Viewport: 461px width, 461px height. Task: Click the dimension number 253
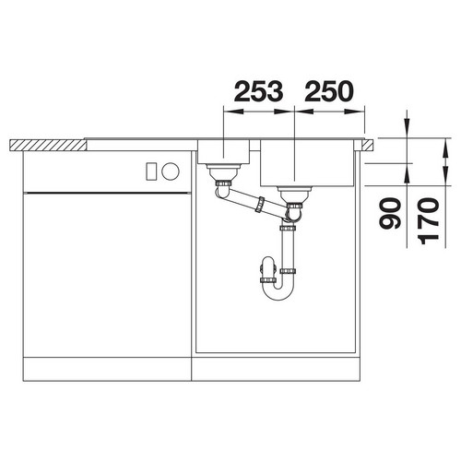[258, 91]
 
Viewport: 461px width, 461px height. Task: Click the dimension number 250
[329, 91]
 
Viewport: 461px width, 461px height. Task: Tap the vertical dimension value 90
[390, 214]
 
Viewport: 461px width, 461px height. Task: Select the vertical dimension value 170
[429, 220]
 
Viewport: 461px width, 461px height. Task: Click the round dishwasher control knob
[171, 171]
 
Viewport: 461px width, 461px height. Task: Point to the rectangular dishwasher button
[151, 171]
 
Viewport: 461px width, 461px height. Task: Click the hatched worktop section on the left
[48, 145]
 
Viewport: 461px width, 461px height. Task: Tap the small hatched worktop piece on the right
[368, 145]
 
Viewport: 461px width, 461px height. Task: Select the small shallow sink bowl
[223, 151]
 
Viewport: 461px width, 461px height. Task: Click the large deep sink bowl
[307, 163]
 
